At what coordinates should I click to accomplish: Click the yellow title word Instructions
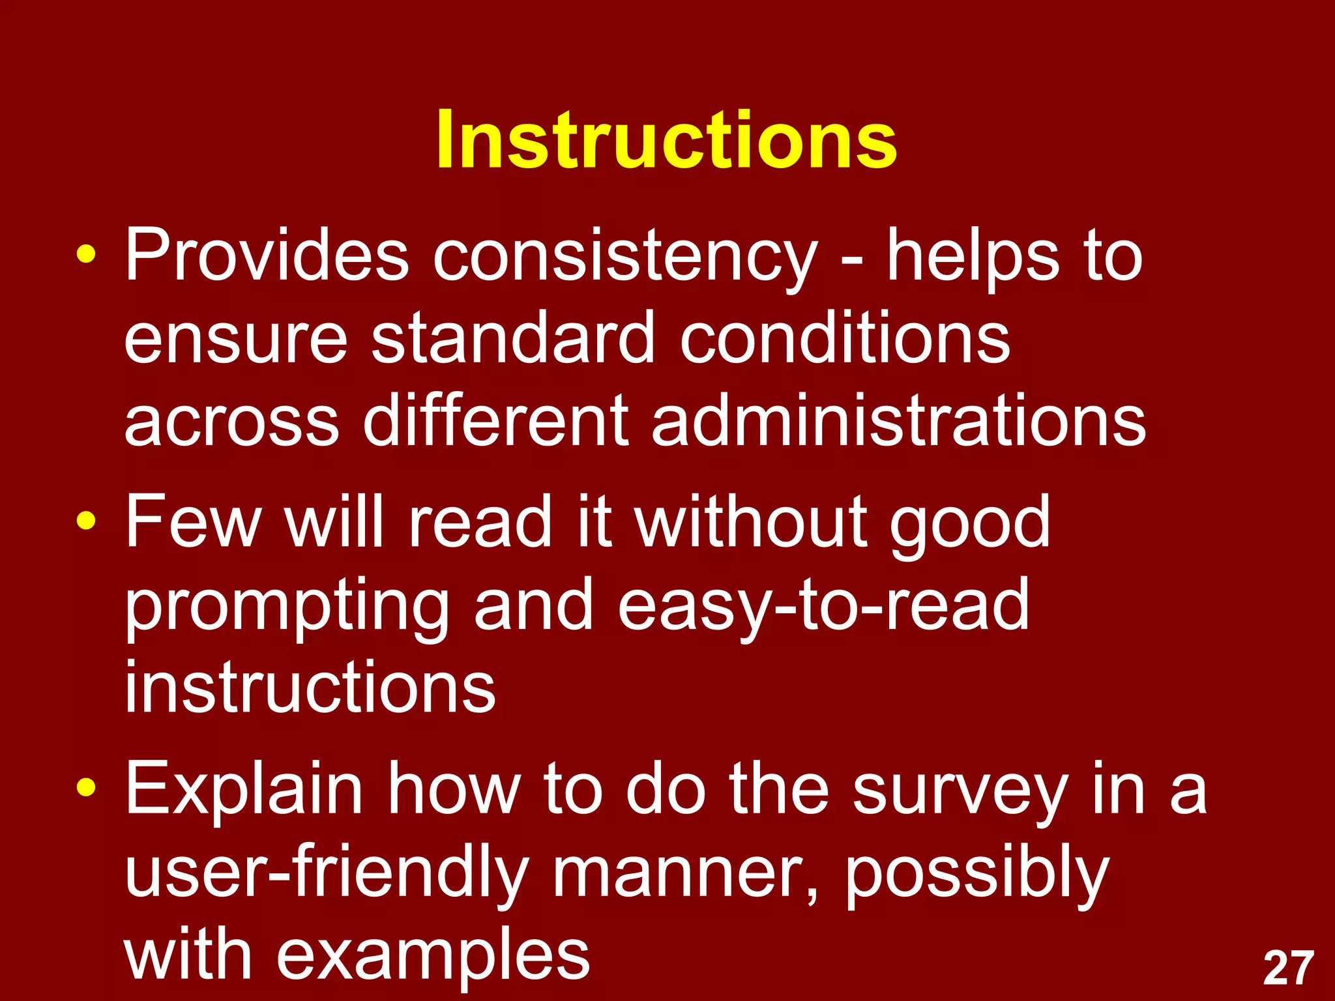666,140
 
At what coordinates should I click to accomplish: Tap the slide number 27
1288,968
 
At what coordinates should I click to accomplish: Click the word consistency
624,257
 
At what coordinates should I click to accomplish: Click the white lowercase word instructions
310,687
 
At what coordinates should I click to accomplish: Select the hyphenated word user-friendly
326,873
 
